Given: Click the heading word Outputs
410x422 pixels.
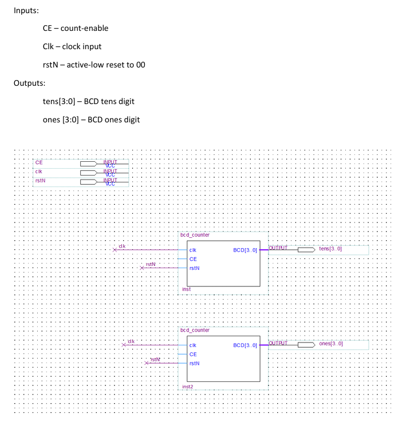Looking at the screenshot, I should click(29, 83).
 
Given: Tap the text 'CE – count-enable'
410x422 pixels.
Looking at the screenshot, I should click(75, 28).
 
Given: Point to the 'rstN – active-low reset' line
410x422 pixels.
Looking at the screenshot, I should click(94, 65).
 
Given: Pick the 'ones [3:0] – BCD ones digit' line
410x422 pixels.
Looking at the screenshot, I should click(91, 120).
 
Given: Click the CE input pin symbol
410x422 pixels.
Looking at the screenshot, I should click(89, 163).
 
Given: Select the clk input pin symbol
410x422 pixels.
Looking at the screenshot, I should click(89, 172).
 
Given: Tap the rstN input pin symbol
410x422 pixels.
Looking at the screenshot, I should click(89, 182).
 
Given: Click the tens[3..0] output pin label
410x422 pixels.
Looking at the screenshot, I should click(330, 249).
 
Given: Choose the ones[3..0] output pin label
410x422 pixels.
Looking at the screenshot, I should click(330, 344).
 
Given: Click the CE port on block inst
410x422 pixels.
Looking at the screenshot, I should click(193, 258).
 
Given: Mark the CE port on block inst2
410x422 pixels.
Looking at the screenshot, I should click(193, 354).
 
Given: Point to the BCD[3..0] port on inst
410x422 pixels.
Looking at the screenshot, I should click(245, 250).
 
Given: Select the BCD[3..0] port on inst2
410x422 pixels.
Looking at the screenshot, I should click(245, 345).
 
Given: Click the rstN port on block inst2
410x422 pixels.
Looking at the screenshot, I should click(194, 363).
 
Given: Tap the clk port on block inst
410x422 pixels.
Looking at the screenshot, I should click(193, 250).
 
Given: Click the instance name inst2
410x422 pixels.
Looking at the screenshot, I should click(188, 387).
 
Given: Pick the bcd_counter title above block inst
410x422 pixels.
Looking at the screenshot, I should click(195, 234).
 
